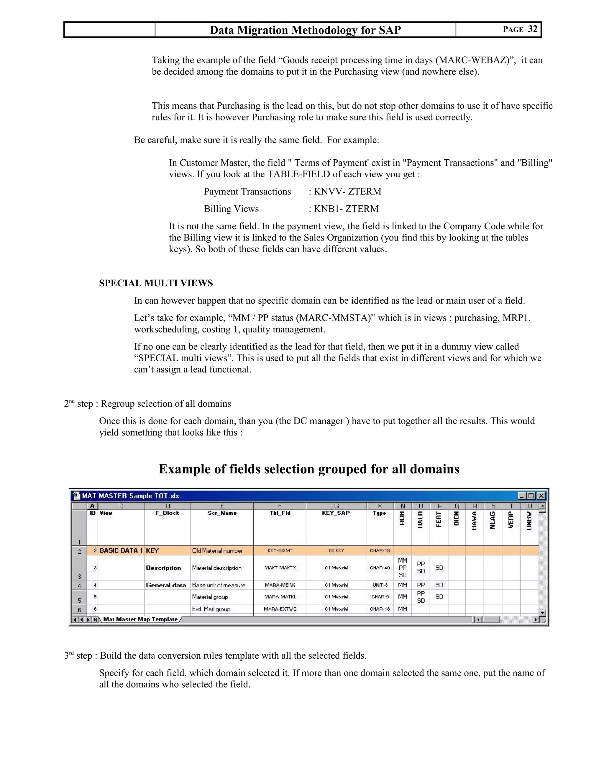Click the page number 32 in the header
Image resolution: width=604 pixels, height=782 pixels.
[532, 29]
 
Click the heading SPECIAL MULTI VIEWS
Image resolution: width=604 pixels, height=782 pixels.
[156, 283]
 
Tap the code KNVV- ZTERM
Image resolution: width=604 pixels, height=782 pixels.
[347, 192]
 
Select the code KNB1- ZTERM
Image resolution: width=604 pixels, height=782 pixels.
[346, 209]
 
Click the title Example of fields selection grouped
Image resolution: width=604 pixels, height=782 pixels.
[309, 469]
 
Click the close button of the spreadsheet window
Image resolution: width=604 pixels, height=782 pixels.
[541, 496]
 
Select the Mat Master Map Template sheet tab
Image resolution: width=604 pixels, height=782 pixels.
[140, 619]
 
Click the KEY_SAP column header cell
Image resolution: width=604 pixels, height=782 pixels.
[336, 513]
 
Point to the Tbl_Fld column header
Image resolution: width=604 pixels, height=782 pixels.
[280, 513]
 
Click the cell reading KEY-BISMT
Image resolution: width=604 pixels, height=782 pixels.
[280, 551]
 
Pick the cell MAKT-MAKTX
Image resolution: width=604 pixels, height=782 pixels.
[280, 568]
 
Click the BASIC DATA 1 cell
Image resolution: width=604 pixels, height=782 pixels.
[121, 551]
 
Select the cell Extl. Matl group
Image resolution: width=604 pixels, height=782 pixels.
[211, 609]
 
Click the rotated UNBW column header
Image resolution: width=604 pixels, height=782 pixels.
[529, 521]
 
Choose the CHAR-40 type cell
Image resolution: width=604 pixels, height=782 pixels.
[380, 568]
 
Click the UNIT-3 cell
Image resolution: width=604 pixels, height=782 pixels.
[380, 585]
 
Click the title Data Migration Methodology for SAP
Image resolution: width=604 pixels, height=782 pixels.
[305, 30]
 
